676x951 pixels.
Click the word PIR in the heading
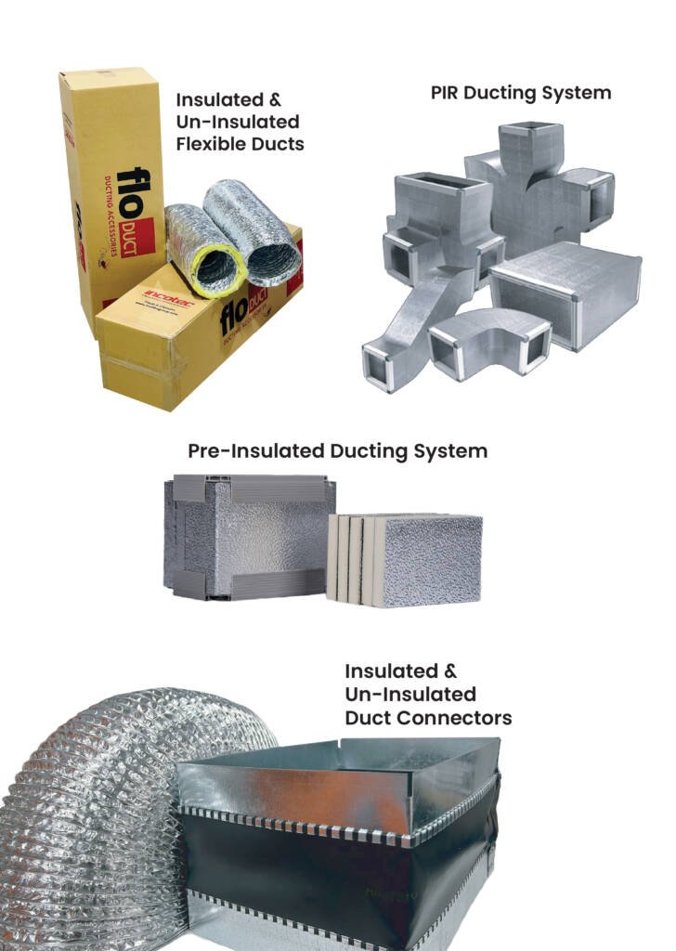(x=448, y=93)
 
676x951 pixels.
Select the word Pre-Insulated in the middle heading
(x=256, y=451)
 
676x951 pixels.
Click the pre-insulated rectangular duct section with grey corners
(x=249, y=537)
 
